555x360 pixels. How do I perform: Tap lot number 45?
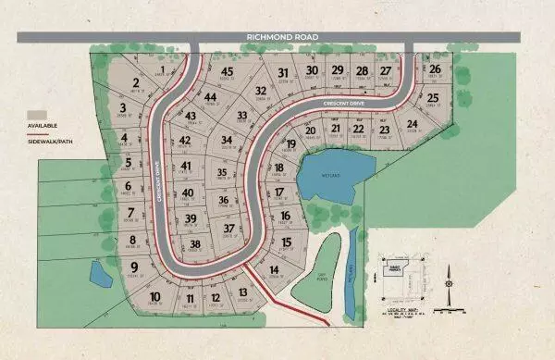click(227, 71)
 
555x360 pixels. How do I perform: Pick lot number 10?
click(154, 296)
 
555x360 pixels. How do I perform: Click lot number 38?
click(194, 245)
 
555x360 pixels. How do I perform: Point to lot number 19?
click(290, 144)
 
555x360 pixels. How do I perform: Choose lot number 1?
click(163, 69)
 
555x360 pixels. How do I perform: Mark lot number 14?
click(274, 270)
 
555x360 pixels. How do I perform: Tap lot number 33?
click(242, 115)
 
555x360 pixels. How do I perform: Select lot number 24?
click(413, 123)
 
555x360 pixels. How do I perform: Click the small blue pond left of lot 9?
click(98, 273)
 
